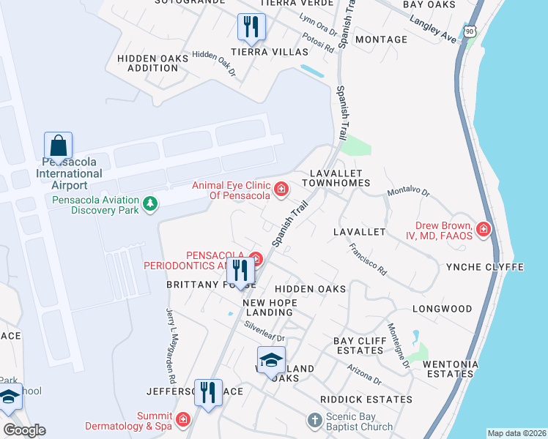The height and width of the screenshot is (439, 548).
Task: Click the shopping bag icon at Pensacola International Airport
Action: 58,145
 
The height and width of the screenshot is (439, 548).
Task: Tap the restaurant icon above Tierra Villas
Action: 251,27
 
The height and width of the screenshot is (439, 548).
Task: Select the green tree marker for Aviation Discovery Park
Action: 150,203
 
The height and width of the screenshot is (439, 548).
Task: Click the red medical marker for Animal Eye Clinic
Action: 281,191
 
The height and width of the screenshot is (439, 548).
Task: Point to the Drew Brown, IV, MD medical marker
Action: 483,230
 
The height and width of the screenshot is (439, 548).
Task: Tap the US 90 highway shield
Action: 470,29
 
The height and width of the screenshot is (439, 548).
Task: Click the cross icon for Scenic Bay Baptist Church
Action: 314,420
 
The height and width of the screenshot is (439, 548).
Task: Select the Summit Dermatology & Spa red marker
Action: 182,420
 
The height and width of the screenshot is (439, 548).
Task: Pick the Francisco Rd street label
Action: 368,258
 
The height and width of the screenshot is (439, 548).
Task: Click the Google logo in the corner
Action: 24,429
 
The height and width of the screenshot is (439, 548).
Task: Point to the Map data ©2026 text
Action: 516,433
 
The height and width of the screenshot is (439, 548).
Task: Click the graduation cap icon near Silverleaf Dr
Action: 270,359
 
